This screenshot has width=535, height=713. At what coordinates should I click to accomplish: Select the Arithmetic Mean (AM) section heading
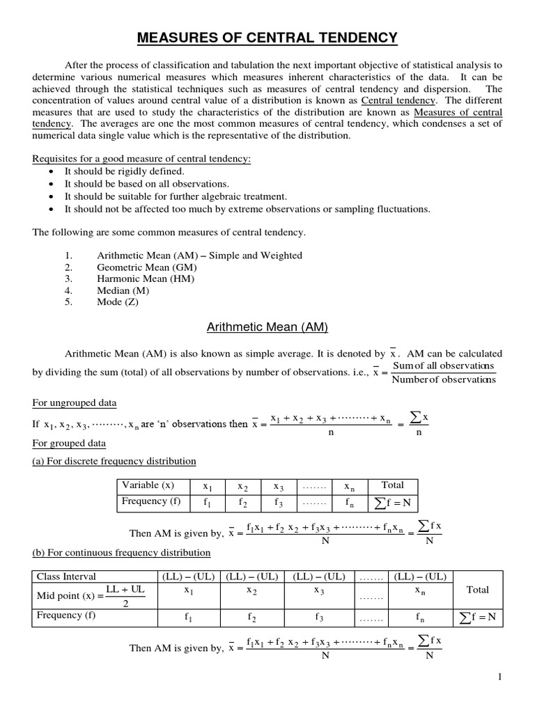tap(267, 326)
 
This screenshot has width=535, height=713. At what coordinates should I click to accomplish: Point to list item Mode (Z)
tap(121, 301)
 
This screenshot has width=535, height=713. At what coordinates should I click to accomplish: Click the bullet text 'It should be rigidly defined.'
tap(125, 171)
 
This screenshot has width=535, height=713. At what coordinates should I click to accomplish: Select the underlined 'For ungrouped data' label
tap(75, 403)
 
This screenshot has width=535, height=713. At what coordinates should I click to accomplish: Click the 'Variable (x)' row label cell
tap(148, 485)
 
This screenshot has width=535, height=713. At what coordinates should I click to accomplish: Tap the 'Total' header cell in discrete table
tap(392, 485)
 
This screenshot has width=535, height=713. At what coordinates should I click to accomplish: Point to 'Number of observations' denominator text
tap(444, 379)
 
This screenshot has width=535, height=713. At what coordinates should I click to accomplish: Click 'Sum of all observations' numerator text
tap(444, 366)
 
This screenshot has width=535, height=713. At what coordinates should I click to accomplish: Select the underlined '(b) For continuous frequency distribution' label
tap(121, 553)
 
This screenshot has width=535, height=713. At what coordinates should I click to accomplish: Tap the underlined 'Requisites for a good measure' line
tap(141, 158)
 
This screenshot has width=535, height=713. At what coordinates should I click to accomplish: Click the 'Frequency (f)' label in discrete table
tap(149, 501)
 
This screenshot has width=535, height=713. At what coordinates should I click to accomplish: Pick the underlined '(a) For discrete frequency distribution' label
tap(114, 461)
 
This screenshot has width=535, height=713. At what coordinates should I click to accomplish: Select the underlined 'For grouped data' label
tap(69, 443)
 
